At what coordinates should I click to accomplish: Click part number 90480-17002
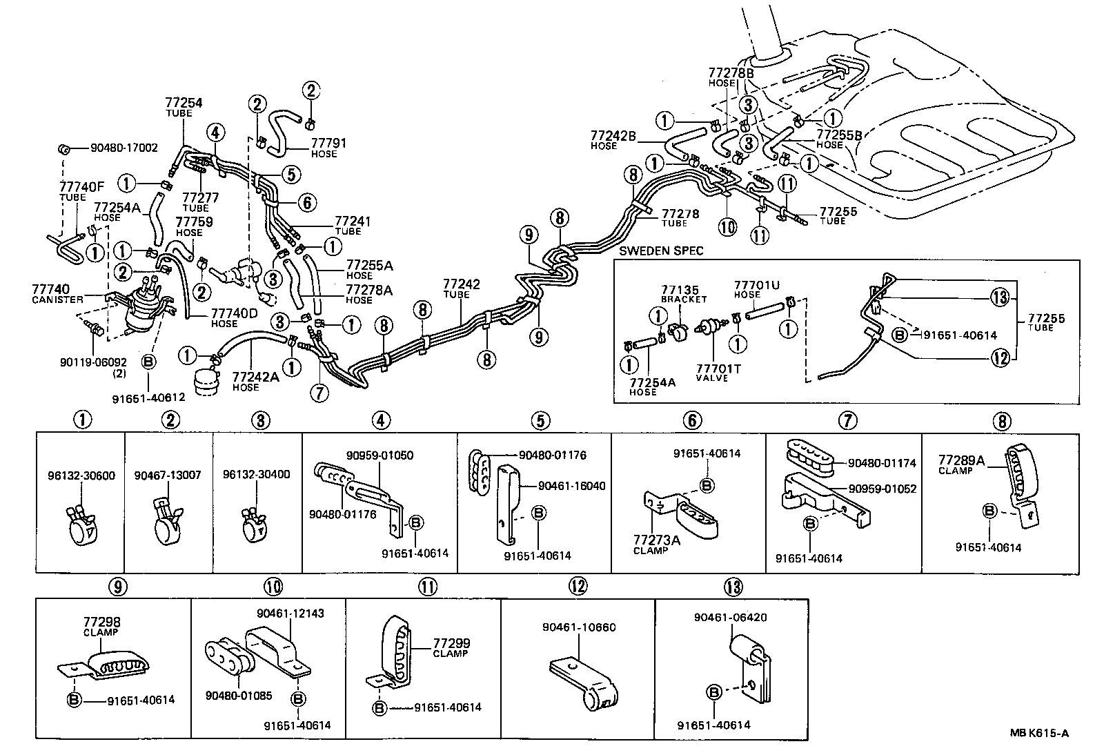tap(124, 148)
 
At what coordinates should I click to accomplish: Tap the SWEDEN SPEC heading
tap(661, 251)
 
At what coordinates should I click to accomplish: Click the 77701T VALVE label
tap(718, 373)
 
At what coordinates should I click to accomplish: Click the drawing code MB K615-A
tap(1041, 734)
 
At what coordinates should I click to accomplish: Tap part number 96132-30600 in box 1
tap(81, 475)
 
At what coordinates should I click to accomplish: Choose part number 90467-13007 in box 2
tap(168, 475)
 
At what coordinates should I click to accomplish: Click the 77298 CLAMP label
tap(101, 627)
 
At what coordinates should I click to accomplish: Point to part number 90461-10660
tap(579, 627)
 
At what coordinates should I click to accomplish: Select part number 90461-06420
tap(731, 618)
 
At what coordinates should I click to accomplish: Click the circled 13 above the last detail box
tap(732, 587)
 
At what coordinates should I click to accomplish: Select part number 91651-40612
tap(149, 398)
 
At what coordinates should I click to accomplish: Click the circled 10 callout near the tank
tap(728, 226)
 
